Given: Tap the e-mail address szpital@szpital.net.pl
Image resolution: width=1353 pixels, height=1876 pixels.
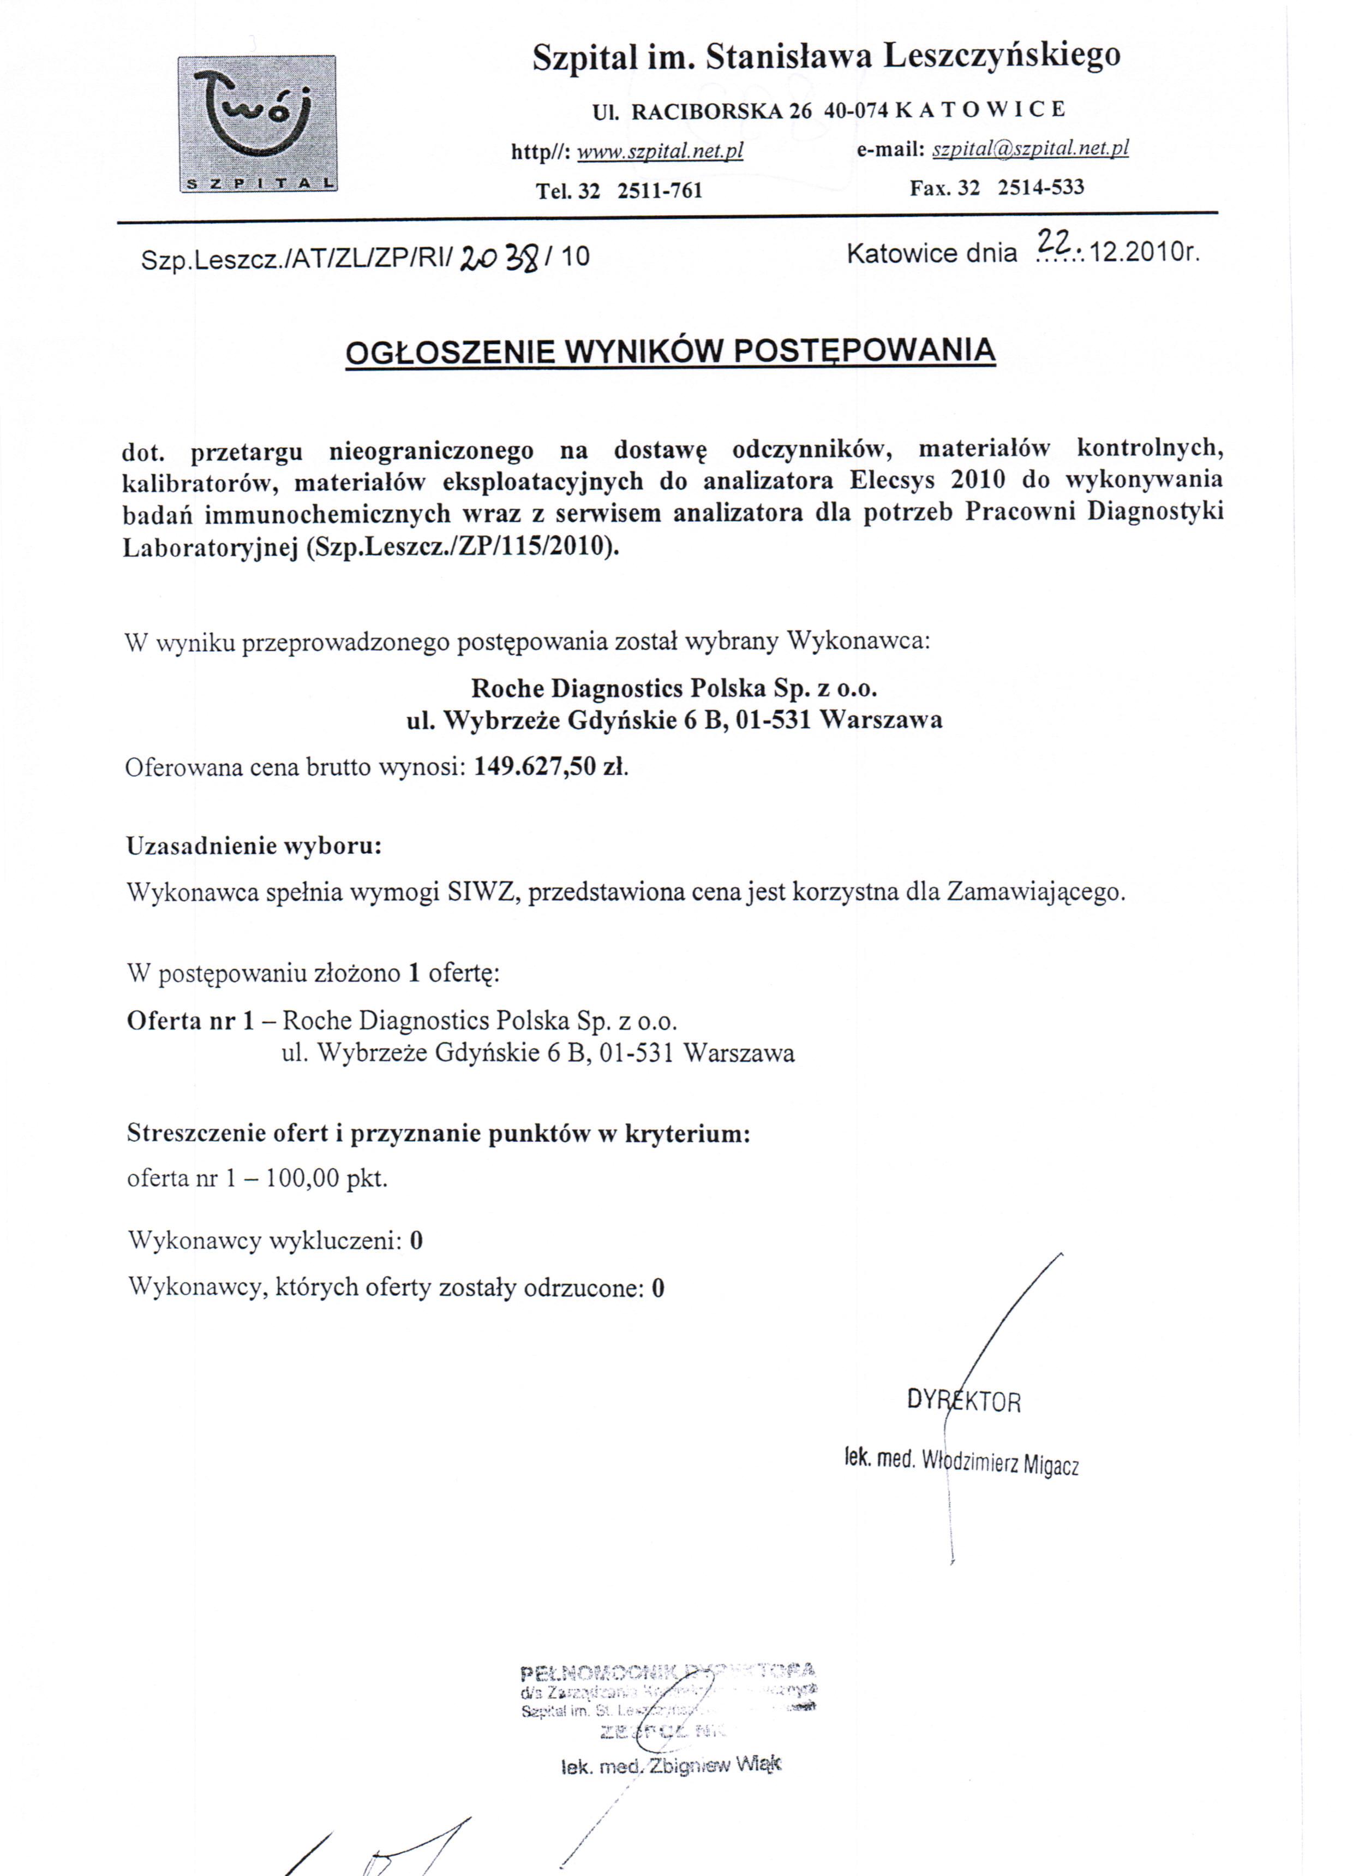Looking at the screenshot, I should coord(1029,149).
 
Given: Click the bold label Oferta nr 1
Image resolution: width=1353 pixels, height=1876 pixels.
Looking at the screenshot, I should coord(189,1020).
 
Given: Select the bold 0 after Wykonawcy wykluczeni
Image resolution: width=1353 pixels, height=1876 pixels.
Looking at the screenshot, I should coord(416,1241).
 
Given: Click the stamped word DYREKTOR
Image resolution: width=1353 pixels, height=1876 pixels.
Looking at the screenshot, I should coord(963,1401).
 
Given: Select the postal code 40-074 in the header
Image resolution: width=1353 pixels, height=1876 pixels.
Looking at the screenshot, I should coord(857,110).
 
